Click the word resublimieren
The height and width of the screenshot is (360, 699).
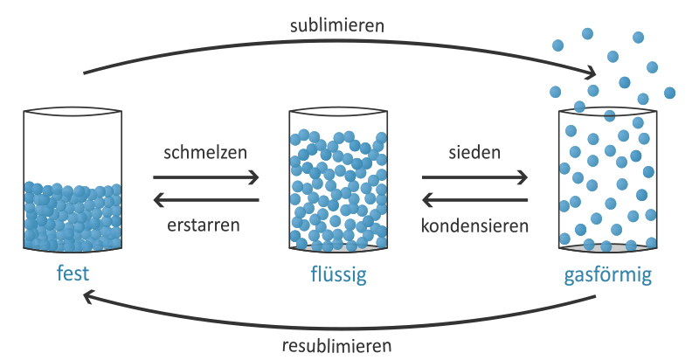337,344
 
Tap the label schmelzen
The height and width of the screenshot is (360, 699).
205,151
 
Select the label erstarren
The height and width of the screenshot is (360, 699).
205,225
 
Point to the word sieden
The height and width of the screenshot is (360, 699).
474,151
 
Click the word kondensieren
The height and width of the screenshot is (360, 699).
474,225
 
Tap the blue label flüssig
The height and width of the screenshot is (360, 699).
337,276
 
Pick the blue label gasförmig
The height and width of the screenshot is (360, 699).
607,276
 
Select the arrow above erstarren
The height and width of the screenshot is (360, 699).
206,200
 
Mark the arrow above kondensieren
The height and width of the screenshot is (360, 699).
474,200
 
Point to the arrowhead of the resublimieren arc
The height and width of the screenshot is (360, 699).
87,297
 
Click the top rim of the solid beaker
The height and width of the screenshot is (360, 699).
73,113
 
